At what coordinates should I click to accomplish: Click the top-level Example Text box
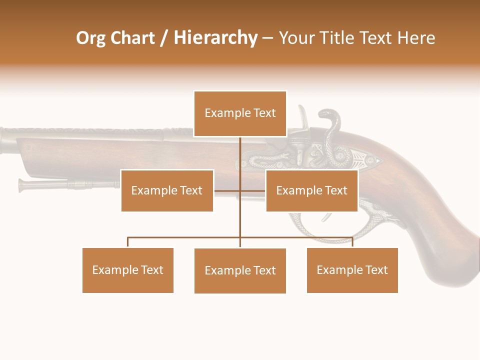[x=240, y=113]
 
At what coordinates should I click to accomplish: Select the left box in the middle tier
[x=167, y=190]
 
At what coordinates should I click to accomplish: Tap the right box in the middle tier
[x=311, y=190]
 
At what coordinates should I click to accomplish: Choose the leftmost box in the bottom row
[x=127, y=270]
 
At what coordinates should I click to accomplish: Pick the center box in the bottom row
[x=240, y=270]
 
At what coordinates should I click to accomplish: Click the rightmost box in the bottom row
[x=352, y=270]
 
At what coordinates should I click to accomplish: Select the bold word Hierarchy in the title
[x=215, y=38]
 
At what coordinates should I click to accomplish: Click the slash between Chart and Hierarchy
[x=164, y=38]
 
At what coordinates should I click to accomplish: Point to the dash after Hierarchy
[x=267, y=38]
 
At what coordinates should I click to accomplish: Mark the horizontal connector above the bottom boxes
[x=185, y=238]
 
